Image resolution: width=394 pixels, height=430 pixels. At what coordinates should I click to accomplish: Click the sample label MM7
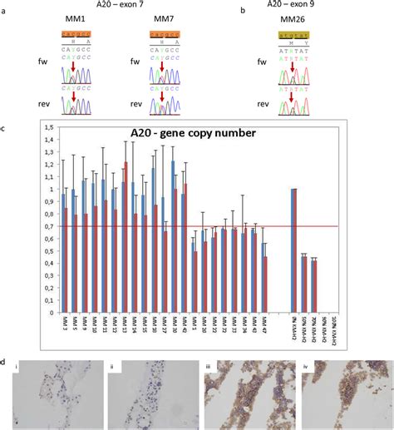[165, 17]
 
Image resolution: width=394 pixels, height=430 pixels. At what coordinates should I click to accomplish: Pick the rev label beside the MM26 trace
[263, 104]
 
